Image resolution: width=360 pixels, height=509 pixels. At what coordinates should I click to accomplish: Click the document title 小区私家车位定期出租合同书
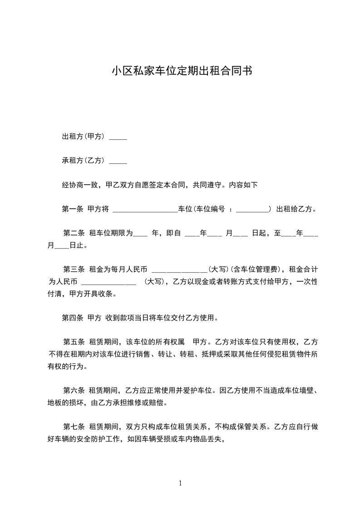click(x=182, y=71)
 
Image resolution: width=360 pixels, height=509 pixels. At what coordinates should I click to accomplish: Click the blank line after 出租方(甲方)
click(x=118, y=138)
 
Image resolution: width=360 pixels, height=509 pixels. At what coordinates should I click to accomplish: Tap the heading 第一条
click(x=72, y=209)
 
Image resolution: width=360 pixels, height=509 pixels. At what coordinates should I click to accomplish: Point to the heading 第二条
click(x=74, y=234)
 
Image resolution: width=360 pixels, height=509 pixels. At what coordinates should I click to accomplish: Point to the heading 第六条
click(x=74, y=390)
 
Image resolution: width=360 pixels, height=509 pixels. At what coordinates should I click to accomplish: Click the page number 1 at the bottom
click(x=180, y=484)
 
